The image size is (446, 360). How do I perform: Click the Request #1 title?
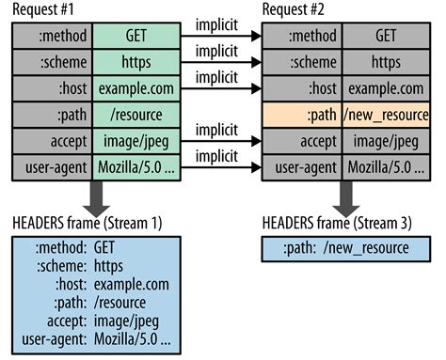pyautogui.click(x=46, y=11)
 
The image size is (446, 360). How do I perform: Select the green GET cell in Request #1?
pyautogui.click(x=137, y=36)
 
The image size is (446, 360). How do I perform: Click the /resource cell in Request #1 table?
pyautogui.click(x=137, y=117)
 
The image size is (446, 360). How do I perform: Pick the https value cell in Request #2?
pyautogui.click(x=385, y=63)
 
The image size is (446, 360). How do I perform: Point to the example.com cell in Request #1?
pyautogui.click(x=137, y=89)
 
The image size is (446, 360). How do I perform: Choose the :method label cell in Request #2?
pyautogui.click(x=301, y=36)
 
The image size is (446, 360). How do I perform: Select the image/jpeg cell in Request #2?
pyautogui.click(x=385, y=144)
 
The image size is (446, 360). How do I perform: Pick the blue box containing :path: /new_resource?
pyautogui.click(x=342, y=248)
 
